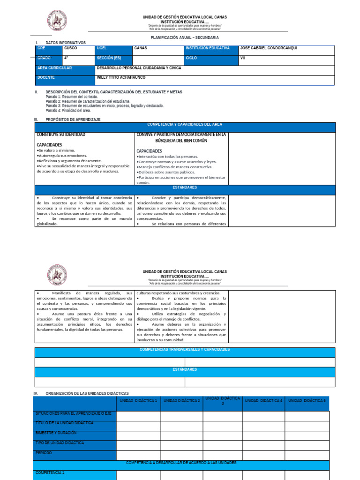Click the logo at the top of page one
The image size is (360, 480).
click(57, 22)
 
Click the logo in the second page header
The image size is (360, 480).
click(57, 276)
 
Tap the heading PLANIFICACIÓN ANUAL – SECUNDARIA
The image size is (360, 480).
click(184, 37)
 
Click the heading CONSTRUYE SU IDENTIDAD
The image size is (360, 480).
click(61, 135)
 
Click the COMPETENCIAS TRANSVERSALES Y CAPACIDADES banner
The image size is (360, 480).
click(185, 350)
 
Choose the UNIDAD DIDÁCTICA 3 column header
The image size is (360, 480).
click(223, 400)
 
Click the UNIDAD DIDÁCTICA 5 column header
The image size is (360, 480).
click(307, 401)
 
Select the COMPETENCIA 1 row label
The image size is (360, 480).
click(50, 473)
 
